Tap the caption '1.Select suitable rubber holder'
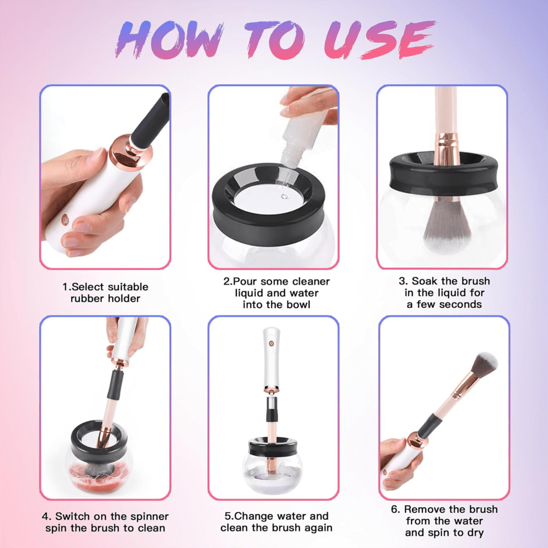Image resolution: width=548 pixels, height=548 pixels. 105,293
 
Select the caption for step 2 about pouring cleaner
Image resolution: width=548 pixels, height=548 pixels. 276,293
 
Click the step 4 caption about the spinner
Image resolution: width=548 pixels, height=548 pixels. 105,522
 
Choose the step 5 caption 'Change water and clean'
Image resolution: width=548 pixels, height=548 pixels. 276,522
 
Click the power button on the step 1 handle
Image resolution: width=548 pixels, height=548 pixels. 67,219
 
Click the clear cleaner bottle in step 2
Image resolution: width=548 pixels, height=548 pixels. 301,138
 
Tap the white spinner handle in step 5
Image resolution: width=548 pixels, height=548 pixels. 271,354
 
